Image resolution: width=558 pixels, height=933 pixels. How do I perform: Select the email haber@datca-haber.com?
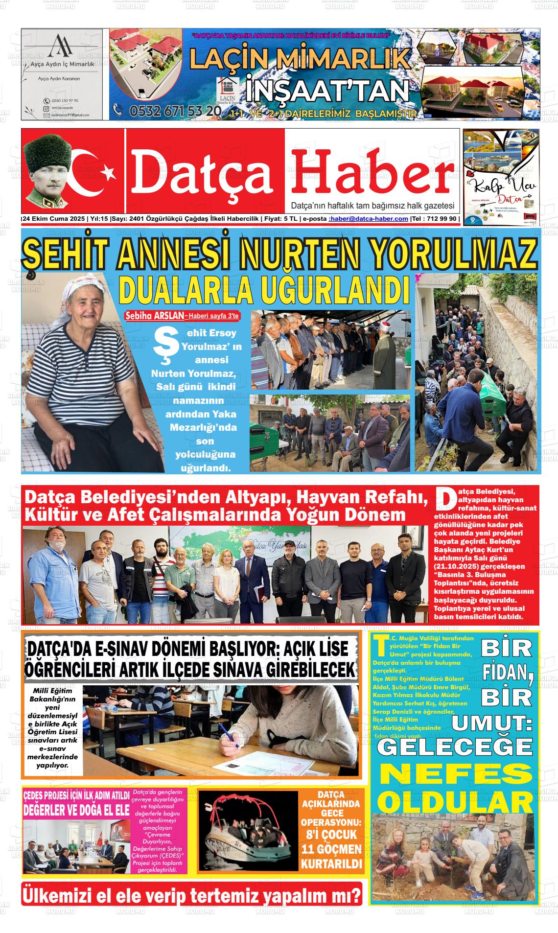(x=369, y=219)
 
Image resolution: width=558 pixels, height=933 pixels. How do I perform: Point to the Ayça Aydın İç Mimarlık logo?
(x=62, y=47)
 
